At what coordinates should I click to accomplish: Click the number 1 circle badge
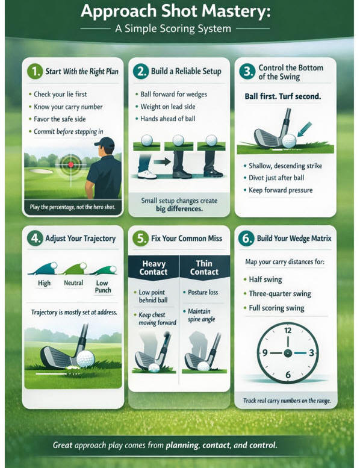coord(35,71)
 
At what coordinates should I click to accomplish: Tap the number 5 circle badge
coord(140,239)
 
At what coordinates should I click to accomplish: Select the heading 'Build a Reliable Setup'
coord(186,71)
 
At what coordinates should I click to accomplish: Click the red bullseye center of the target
coord(70,164)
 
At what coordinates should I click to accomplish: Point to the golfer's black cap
coord(105,142)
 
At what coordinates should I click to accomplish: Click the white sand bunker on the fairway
coord(42,171)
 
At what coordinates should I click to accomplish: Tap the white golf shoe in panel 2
coord(147,174)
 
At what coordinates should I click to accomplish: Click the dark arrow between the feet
coord(163,162)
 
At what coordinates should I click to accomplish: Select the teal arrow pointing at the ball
coord(305,129)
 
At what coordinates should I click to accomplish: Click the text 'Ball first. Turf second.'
coord(283,96)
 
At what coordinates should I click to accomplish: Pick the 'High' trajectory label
coord(44,283)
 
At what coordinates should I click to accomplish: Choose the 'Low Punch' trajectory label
coord(103,287)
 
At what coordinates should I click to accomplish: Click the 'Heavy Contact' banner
coord(154,267)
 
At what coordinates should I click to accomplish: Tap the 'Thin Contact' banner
coord(204,267)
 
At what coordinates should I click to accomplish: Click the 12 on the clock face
coord(288,331)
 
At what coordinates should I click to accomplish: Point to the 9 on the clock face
coord(265,353)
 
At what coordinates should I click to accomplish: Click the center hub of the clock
coord(288,353)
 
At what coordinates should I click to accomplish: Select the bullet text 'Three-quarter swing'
coord(280,294)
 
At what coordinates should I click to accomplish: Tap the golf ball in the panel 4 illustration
coord(85,359)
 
